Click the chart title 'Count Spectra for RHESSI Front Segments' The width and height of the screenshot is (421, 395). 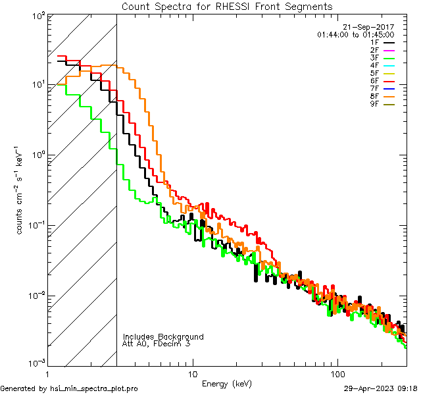tap(227, 6)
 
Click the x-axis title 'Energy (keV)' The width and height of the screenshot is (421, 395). tap(227, 384)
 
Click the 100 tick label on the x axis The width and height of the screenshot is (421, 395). tap(337, 373)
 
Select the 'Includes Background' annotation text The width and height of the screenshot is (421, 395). tap(163, 336)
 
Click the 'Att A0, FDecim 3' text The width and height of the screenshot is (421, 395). tap(157, 344)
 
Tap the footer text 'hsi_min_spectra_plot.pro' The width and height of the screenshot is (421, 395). tap(93, 388)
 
